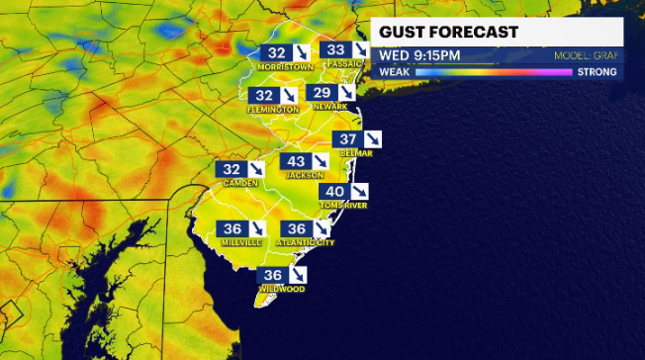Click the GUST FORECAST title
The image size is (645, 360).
pos(448,33)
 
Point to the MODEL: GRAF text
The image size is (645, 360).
pos(586,56)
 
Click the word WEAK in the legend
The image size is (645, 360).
pos(396,72)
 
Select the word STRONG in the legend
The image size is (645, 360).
pos(597,72)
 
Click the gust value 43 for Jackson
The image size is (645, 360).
pos(296,161)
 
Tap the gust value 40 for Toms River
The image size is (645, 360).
pos(334,192)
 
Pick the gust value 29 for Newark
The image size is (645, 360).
pos(322,93)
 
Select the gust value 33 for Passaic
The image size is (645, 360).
pos(336,50)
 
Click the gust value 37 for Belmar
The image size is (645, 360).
pos(347,140)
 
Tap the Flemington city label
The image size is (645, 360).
pos(273,109)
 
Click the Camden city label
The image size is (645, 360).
pos(240,183)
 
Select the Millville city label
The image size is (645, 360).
pos(242,242)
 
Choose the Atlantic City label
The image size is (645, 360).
pos(305,242)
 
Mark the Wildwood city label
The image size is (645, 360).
pos(281,289)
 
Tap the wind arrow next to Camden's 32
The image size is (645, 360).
pos(258,170)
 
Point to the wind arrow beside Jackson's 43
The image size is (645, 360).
pos(322,161)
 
